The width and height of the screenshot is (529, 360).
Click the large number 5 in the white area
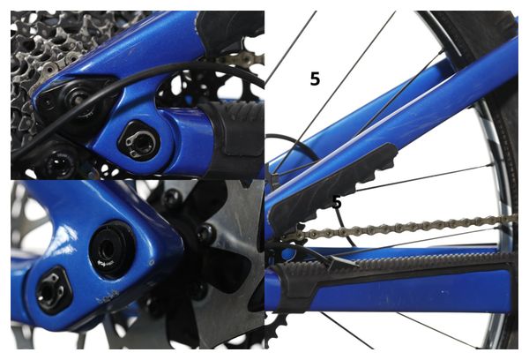315,79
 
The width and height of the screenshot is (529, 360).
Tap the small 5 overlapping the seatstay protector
336,203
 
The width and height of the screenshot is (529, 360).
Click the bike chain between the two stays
406,227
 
